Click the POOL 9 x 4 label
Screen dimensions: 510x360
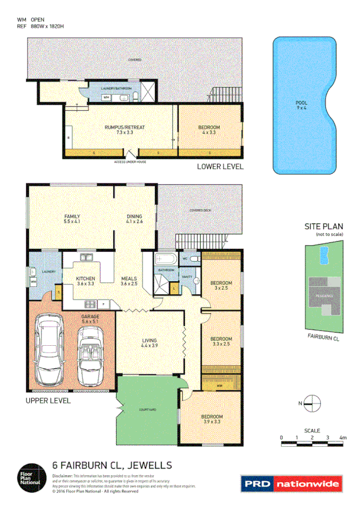coord(301,106)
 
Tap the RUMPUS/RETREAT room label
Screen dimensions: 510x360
coord(124,130)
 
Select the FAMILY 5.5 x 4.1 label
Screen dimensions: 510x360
coord(73,219)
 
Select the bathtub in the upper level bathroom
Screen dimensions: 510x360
coord(164,260)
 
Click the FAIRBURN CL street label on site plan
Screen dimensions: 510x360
coord(323,339)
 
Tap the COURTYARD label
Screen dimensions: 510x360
coord(148,409)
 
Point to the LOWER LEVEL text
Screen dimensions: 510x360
coord(220,167)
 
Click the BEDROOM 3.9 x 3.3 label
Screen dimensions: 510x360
coord(212,419)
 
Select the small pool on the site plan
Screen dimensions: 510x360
coord(325,256)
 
